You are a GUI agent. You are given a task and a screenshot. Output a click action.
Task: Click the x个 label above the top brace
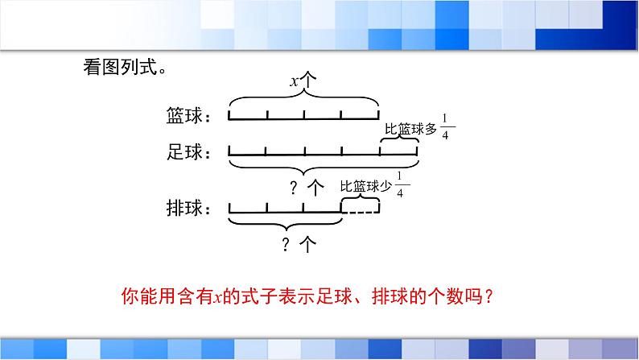[x=303, y=81]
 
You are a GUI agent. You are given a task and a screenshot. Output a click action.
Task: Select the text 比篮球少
[x=366, y=187]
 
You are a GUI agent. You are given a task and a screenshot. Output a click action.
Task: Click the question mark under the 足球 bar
[x=294, y=188]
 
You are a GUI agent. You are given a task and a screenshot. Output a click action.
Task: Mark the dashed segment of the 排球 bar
[x=361, y=212]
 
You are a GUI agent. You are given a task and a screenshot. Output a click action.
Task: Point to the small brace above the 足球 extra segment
[x=399, y=140]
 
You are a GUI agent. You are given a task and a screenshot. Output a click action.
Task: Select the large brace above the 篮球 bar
[x=303, y=99]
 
